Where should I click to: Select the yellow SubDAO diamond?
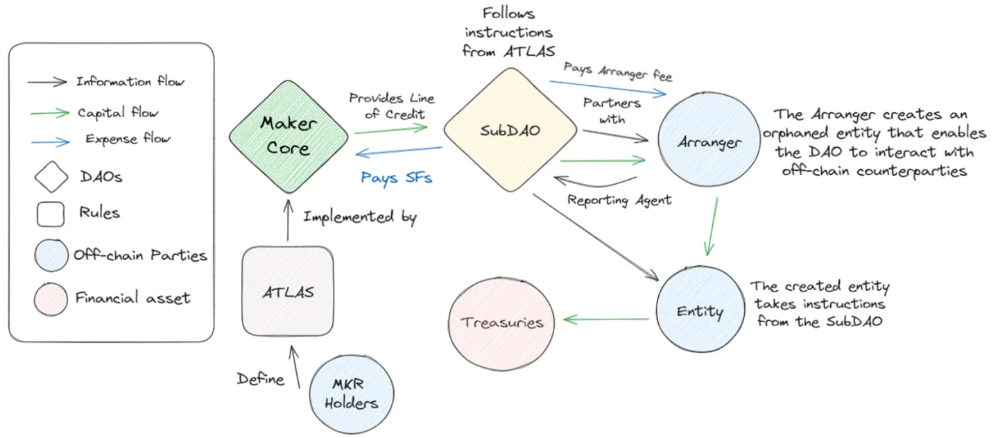510,130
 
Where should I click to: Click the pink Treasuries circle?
503,323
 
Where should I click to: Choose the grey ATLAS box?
287,292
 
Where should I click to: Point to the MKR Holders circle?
352,394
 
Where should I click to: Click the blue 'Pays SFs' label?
396,178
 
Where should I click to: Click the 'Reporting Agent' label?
619,201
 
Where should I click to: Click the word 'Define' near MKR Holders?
261,379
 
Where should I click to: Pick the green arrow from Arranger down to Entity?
712,227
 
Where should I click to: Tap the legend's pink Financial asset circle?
51,298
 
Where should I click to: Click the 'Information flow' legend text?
130,82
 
